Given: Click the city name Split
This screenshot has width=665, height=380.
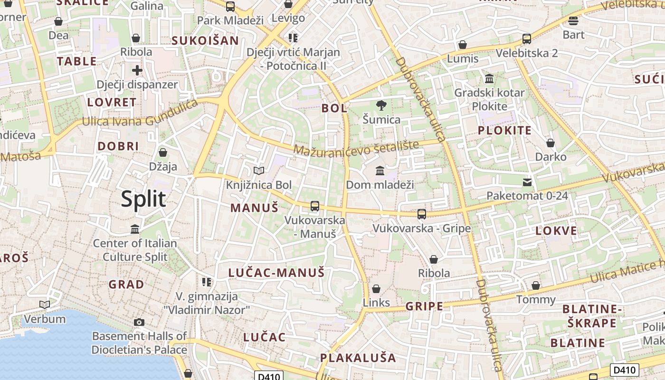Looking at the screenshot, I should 143,199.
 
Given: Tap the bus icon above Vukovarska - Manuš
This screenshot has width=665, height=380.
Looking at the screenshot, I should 314,206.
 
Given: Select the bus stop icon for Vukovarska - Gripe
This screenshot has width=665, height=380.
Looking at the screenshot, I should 421,214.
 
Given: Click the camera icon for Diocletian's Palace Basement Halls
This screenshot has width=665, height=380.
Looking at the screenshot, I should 139,322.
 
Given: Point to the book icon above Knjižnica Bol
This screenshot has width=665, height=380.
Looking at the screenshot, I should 258,171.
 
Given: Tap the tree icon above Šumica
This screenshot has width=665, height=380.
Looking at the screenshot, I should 381,105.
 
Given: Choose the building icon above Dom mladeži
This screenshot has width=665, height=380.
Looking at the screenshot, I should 380,170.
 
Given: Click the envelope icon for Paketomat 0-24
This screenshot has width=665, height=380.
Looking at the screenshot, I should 527,182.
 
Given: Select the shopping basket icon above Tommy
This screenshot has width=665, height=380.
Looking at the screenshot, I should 536,285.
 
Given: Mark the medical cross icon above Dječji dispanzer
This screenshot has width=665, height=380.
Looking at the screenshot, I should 137,71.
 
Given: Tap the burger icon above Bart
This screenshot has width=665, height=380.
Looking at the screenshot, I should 573,21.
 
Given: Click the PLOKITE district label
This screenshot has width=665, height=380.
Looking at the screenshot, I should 504,130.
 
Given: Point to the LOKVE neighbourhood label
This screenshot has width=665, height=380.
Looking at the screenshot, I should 556,231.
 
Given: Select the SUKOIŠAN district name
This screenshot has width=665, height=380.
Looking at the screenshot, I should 205,40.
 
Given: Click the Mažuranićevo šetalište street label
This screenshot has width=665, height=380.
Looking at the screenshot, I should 356,148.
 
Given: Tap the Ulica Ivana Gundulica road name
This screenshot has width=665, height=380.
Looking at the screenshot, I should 140,114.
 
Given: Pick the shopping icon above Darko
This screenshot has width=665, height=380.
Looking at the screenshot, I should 550,142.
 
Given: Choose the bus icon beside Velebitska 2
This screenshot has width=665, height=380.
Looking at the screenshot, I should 526,39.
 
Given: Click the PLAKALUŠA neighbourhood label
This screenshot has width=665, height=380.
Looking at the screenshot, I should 358,358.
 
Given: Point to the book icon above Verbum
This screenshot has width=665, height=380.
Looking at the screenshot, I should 45,304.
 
